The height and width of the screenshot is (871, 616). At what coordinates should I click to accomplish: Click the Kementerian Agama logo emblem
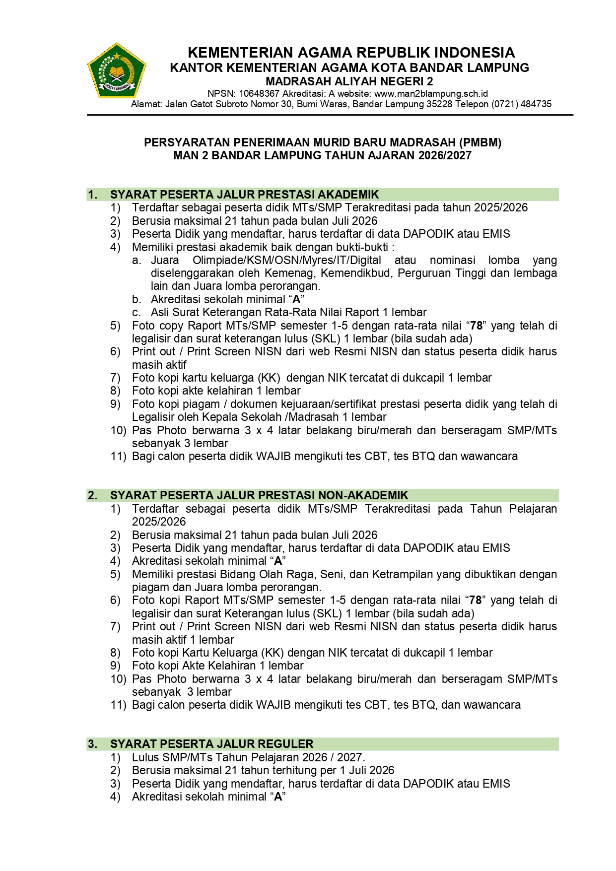[x=116, y=70]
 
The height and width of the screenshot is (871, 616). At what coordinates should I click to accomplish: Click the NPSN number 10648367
[x=259, y=93]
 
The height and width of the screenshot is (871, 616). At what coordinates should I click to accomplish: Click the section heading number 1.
[x=92, y=195]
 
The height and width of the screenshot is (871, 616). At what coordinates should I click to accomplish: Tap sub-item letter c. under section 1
[x=136, y=313]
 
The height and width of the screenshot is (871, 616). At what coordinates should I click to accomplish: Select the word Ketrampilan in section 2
[x=402, y=574]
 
